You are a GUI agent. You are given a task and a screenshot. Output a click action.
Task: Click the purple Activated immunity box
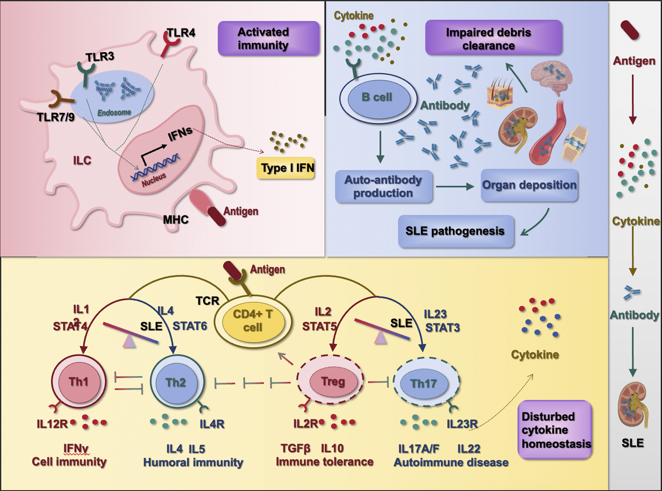[269, 38]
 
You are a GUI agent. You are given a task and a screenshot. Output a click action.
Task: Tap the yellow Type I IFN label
[286, 168]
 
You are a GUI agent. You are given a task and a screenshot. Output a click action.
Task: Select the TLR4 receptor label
[181, 33]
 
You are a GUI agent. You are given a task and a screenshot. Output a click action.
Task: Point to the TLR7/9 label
[56, 117]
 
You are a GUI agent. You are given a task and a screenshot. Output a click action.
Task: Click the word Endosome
[114, 112]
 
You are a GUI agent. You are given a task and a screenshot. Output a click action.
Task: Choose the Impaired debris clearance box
[494, 37]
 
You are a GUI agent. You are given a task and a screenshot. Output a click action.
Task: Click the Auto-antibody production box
[384, 187]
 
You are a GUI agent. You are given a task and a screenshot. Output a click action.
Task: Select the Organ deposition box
[529, 185]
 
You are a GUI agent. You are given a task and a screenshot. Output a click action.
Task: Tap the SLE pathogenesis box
[456, 231]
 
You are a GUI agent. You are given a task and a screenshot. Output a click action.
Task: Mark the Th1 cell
[79, 382]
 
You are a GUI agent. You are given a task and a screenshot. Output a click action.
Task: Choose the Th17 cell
[426, 383]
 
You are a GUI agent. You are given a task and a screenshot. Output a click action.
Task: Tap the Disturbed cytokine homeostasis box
[555, 430]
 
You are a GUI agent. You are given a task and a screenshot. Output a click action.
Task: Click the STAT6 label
[190, 326]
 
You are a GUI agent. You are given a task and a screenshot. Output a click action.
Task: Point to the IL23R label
[462, 424]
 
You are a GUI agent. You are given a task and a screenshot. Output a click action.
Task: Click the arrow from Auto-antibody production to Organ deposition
[455, 186]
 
